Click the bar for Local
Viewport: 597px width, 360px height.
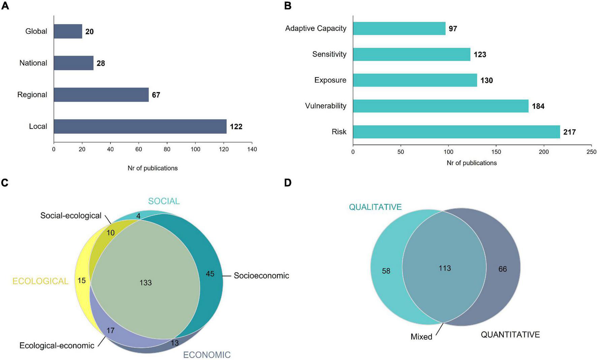[140, 126]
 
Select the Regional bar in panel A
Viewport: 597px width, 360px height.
[101, 95]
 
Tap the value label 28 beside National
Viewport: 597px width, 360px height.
[101, 63]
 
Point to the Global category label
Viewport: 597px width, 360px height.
[36, 31]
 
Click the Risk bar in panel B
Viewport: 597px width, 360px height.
[456, 132]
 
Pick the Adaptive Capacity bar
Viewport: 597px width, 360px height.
[399, 29]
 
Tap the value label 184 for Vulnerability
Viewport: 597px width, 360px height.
[538, 106]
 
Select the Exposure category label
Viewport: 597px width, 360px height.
[330, 80]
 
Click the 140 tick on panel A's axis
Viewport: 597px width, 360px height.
[252, 149]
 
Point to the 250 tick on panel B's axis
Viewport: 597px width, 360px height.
[591, 152]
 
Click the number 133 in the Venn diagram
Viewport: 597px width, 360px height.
[146, 283]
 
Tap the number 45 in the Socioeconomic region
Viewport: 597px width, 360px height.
[210, 274]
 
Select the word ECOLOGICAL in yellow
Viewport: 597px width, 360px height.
[40, 281]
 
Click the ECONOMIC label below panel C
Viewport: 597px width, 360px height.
[207, 355]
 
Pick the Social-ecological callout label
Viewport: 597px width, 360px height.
[71, 216]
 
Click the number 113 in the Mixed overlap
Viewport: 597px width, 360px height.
[445, 268]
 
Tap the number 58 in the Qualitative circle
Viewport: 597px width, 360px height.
[386, 271]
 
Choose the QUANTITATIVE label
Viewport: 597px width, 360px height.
[510, 335]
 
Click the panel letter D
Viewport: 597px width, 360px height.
[288, 183]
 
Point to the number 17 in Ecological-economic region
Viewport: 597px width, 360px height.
[111, 331]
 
